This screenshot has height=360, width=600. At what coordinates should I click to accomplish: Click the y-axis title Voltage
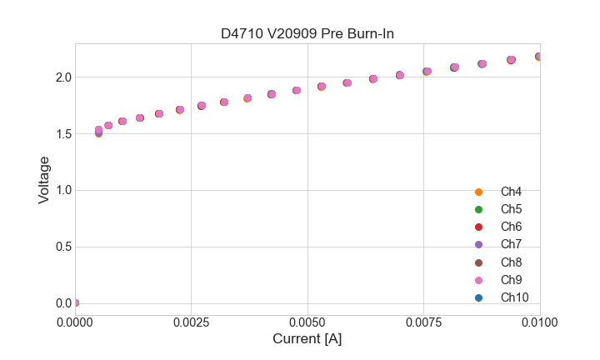click(x=44, y=180)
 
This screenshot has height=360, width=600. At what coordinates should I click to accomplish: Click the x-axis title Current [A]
click(x=307, y=339)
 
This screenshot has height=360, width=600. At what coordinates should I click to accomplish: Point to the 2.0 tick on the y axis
click(x=63, y=77)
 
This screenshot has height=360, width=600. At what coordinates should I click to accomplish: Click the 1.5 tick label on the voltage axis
click(x=63, y=134)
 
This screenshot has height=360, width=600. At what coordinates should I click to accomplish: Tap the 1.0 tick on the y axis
click(x=63, y=190)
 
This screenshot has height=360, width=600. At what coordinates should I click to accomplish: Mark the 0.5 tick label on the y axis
click(x=63, y=247)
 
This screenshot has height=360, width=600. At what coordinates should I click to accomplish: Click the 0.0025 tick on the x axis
click(x=191, y=321)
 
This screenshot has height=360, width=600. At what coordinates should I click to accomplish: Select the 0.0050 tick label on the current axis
click(x=307, y=321)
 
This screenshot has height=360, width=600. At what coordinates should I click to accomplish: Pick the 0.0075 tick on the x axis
click(x=423, y=321)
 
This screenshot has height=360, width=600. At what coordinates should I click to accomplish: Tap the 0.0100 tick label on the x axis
click(x=540, y=321)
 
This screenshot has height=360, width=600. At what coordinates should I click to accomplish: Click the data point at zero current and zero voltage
click(x=75, y=302)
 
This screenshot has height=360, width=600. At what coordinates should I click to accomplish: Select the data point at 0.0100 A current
click(x=539, y=57)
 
